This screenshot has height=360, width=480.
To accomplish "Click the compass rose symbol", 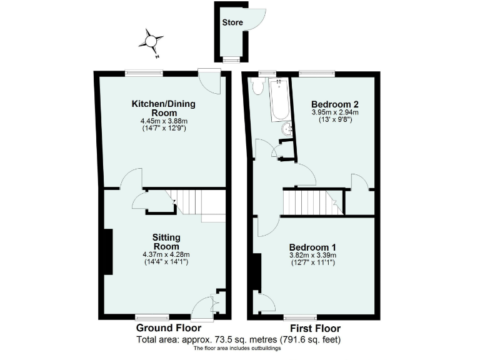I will [x=151, y=42].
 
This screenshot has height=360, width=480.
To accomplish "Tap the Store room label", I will [x=232, y=22].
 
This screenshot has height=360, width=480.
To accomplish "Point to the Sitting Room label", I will [x=167, y=242].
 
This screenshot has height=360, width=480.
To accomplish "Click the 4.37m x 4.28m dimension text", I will [x=166, y=254].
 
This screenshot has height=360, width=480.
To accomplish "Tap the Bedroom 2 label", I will [x=334, y=104].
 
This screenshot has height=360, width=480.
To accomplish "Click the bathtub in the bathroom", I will [x=279, y=100].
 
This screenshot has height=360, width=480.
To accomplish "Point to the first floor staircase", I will [x=311, y=202].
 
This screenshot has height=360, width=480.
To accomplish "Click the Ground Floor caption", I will [x=168, y=328].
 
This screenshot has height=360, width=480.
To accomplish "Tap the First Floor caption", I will [x=314, y=328].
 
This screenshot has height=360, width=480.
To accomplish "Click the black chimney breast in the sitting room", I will [x=107, y=252].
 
